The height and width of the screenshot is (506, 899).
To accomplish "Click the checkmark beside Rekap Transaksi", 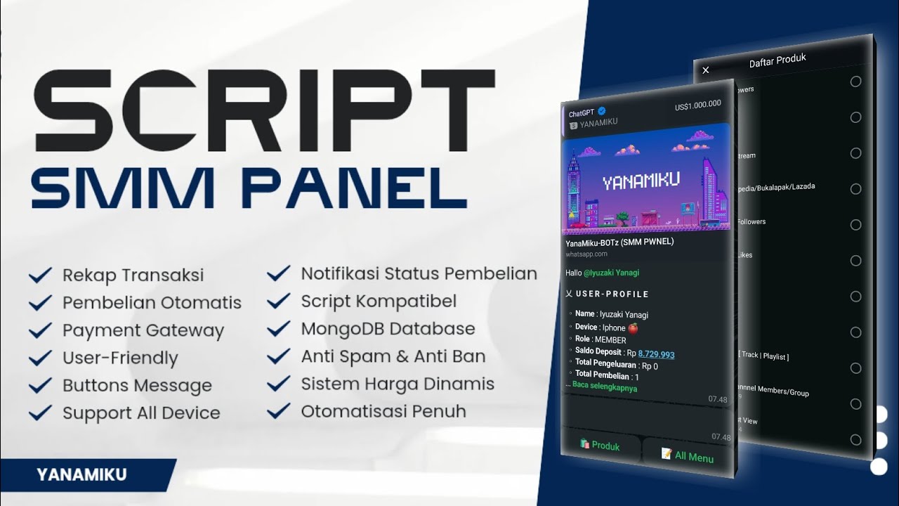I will [40, 275].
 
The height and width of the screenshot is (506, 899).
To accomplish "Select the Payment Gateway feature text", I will [143, 330].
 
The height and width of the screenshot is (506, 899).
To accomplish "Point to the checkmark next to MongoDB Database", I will [279, 328].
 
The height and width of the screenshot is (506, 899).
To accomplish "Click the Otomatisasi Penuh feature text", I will [383, 411].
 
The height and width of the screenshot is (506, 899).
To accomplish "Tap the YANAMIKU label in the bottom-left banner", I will [81, 475].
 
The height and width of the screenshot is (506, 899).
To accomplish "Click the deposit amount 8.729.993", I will [656, 355].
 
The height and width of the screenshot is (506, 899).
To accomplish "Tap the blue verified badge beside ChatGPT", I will [602, 110].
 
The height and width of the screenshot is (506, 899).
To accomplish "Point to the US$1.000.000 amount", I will [697, 105].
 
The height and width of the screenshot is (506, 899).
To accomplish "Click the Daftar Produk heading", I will [777, 61].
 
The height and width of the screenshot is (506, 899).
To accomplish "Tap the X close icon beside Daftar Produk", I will [706, 70].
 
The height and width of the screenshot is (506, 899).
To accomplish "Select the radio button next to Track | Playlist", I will [855, 368].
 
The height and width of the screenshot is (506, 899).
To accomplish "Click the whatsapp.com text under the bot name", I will [586, 254].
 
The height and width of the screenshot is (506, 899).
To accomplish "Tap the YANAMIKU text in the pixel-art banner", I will [641, 181].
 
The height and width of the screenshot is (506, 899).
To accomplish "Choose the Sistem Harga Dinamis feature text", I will [398, 384].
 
